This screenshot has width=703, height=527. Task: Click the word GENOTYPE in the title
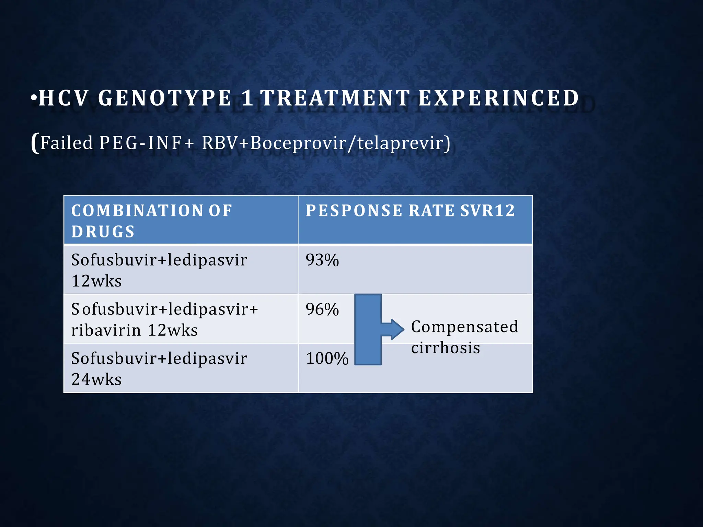coord(165,98)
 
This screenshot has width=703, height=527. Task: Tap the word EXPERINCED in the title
coord(499,98)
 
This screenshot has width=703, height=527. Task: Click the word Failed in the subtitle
coord(67,143)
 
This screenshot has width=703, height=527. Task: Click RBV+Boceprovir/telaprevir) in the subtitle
coord(326,143)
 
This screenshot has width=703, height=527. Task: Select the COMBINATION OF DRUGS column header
coord(151,221)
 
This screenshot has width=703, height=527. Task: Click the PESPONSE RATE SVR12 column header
coord(410,211)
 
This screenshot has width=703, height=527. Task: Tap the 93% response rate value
coord(322,260)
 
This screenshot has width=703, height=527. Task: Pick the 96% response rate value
coord(322,309)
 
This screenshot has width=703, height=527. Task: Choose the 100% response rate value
coord(327,359)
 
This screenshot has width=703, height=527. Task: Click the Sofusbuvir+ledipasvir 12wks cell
coord(159,270)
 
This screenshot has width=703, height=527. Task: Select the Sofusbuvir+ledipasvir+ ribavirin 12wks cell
coord(164,319)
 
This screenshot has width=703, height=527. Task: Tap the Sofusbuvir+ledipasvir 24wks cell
coord(159,368)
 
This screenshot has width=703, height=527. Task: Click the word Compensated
coord(464,327)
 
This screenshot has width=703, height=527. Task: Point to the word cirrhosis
coord(446,348)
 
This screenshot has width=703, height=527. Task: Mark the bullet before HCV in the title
coord(34,98)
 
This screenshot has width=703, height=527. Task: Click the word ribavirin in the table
coord(106,330)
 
